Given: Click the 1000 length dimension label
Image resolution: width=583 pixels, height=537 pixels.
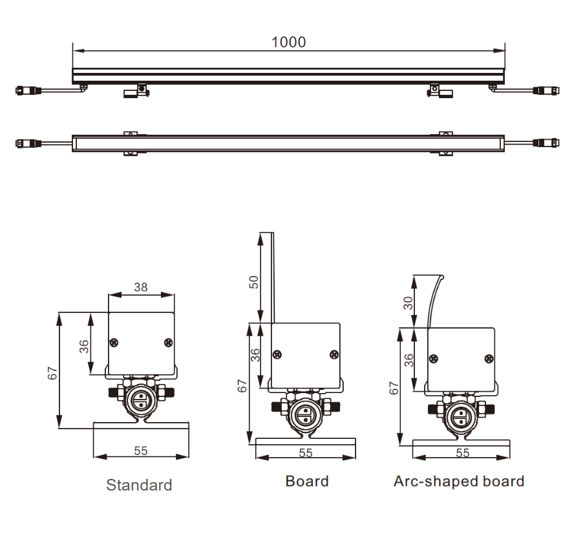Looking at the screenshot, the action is coord(288,42).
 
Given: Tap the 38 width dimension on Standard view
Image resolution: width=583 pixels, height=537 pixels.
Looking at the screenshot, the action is coord(141,287).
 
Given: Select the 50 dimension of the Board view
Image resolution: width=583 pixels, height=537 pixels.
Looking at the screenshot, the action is coord(253,282).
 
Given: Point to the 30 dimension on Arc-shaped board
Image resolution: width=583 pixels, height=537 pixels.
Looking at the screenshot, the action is coord(408,303).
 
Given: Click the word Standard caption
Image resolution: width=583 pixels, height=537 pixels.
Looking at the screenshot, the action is coord(139,485).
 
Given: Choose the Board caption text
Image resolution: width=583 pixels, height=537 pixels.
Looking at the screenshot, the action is coord(307,481).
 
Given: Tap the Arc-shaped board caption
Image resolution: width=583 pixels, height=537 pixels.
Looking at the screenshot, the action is coord(459,481).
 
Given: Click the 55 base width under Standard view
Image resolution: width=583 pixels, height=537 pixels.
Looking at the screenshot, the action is coord(141,451).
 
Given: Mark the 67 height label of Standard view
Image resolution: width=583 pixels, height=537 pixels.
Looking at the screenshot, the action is coord(52,373).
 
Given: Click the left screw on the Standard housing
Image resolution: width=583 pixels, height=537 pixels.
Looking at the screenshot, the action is coord(114,343).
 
